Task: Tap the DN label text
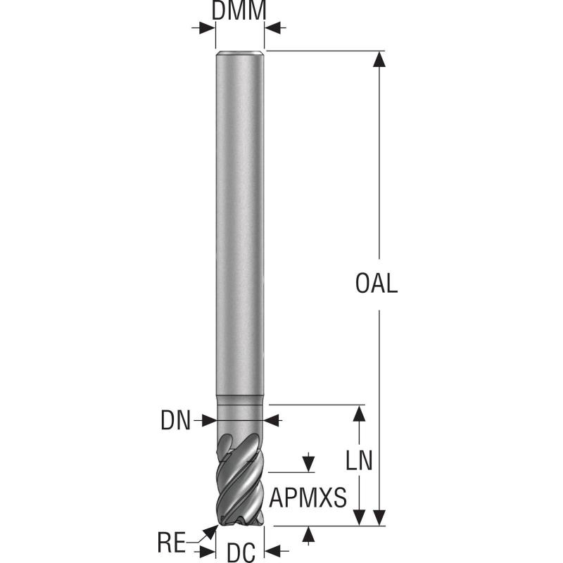tap(176, 421)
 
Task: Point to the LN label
tap(359, 460)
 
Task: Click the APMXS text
tap(308, 498)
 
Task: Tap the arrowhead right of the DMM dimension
tap(273, 28)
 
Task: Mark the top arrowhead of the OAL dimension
tap(380, 59)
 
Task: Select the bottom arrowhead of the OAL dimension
tap(380, 517)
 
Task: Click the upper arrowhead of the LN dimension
tap(359, 413)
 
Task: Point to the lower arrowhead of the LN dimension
tap(359, 517)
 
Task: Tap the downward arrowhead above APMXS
tap(308, 464)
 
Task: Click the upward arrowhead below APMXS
tap(308, 534)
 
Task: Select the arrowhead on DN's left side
tap(208, 421)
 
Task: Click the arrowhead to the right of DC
tap(273, 549)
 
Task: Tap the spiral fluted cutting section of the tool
tap(240, 479)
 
